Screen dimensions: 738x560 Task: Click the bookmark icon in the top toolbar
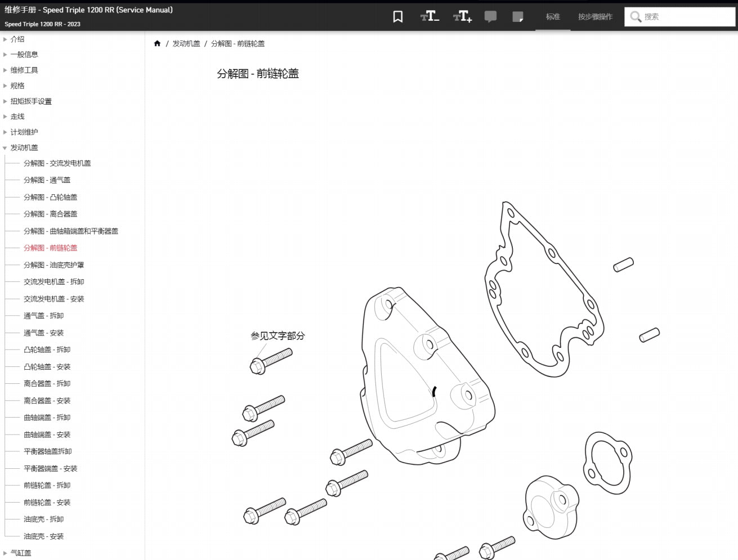coord(398,16)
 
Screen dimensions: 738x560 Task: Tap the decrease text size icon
coord(430,16)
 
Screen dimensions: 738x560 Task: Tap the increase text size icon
coord(462,16)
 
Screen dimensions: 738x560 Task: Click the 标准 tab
coord(553,16)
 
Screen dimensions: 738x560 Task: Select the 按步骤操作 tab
coord(595,16)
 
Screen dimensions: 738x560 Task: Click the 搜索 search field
coord(679,16)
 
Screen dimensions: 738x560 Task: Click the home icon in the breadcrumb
coord(157,43)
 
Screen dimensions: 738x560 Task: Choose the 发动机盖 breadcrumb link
coord(186,44)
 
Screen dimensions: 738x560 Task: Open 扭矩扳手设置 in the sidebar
coord(31,101)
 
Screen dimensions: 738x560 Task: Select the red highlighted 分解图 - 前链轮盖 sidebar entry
coord(51,248)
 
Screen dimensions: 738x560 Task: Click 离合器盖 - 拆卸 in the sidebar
coord(47,383)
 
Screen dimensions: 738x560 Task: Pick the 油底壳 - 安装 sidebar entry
coord(44,536)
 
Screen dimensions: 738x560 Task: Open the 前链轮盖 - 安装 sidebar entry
coord(47,502)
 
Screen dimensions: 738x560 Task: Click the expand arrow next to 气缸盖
coord(5,553)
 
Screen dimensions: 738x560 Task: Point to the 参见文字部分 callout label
coord(278,336)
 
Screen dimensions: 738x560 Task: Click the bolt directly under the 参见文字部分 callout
coord(271,361)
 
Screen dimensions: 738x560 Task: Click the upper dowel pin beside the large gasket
coord(623,265)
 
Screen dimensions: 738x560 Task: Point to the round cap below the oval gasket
coord(552,508)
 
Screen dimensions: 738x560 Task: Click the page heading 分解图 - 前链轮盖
coord(258,73)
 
